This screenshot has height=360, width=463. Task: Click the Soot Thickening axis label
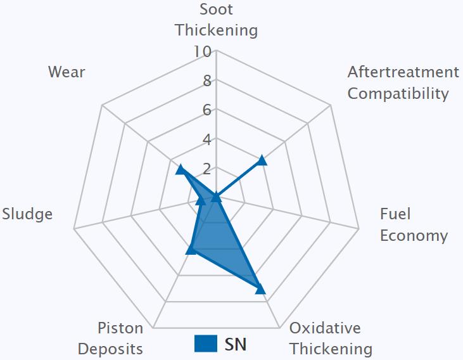click(216, 20)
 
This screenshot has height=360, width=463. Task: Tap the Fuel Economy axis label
click(414, 225)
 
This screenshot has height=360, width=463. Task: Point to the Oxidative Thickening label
click(331, 338)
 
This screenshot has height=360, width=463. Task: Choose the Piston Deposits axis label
click(120, 338)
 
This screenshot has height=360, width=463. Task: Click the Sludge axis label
click(27, 214)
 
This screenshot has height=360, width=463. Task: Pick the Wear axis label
click(67, 72)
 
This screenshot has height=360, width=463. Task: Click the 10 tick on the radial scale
click(203, 51)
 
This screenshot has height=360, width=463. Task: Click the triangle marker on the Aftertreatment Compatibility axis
click(262, 160)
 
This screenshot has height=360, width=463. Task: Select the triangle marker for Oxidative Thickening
click(260, 289)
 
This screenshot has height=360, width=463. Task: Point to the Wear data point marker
click(181, 169)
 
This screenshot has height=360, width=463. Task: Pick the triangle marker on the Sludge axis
click(200, 201)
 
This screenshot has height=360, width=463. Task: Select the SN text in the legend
click(236, 344)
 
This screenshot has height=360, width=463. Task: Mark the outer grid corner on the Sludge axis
click(74, 229)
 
